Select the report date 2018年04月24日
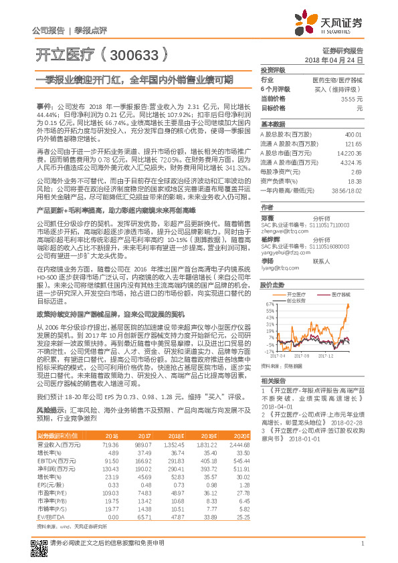pos(334,60)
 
